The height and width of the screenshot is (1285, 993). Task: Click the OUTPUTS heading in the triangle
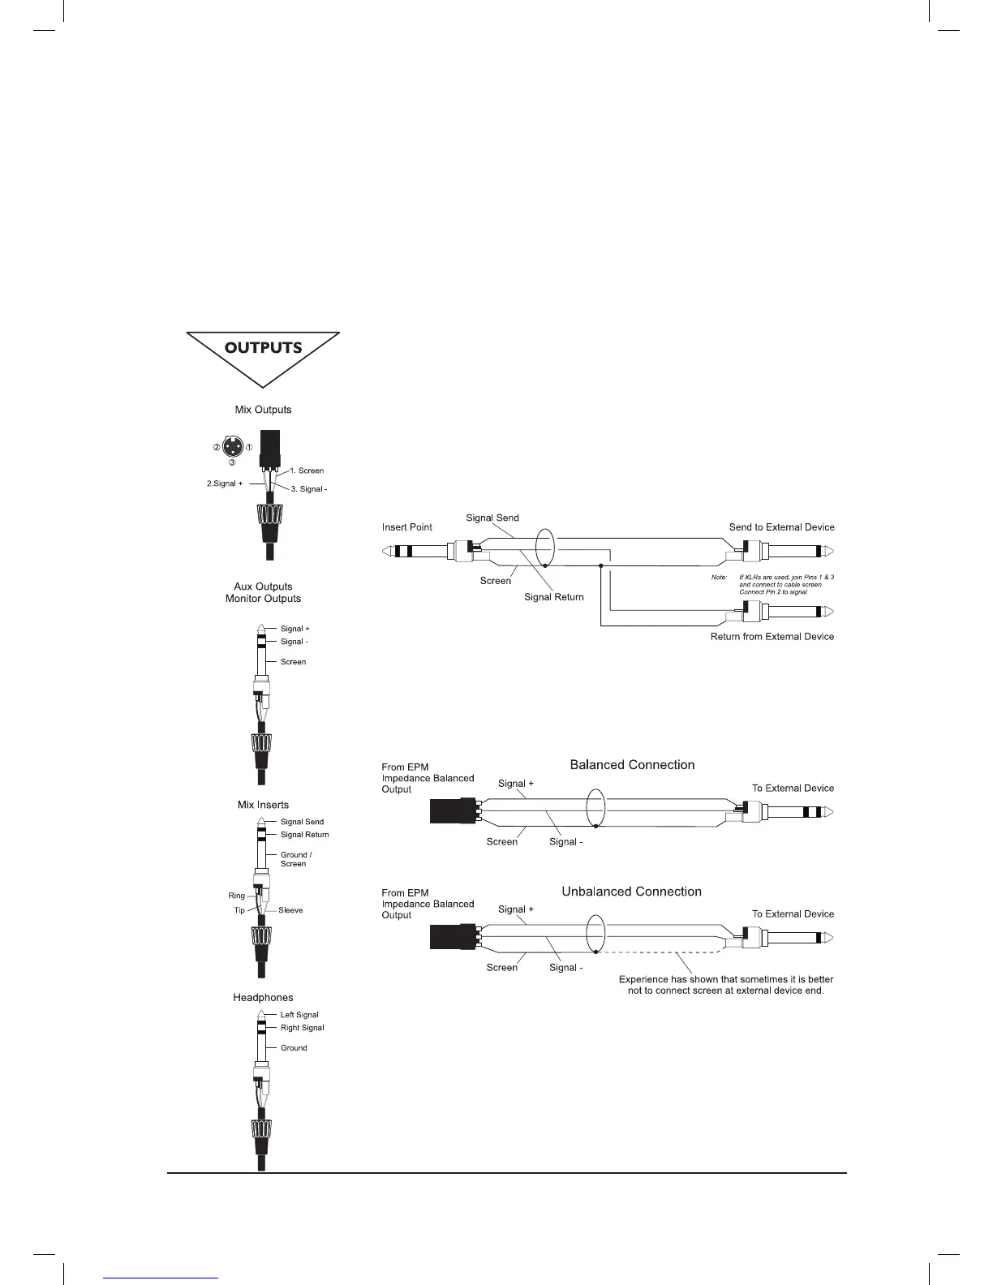tap(263, 348)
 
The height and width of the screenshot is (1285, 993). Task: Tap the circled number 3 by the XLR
tap(231, 462)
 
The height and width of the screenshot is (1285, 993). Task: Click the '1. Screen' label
tap(307, 471)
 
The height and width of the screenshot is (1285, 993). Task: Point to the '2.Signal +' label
tap(225, 483)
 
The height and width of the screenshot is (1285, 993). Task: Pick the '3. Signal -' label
tap(308, 489)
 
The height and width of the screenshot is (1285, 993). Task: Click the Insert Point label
tap(406, 527)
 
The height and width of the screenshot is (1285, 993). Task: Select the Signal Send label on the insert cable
tap(492, 518)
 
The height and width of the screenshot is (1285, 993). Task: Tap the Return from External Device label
tap(772, 637)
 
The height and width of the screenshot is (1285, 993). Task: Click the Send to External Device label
tap(781, 527)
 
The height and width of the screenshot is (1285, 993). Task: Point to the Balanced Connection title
tap(632, 765)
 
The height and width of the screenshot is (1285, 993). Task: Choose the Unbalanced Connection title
tap(631, 892)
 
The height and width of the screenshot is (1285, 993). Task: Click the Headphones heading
tap(263, 998)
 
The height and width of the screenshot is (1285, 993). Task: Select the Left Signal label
tap(299, 1015)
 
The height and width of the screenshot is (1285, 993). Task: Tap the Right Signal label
tap(302, 1028)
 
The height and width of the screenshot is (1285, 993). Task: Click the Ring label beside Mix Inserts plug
tap(236, 896)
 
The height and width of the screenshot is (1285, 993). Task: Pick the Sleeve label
tap(290, 910)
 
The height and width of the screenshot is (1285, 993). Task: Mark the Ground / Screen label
tap(296, 859)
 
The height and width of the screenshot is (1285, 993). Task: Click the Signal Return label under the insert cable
tap(553, 597)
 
